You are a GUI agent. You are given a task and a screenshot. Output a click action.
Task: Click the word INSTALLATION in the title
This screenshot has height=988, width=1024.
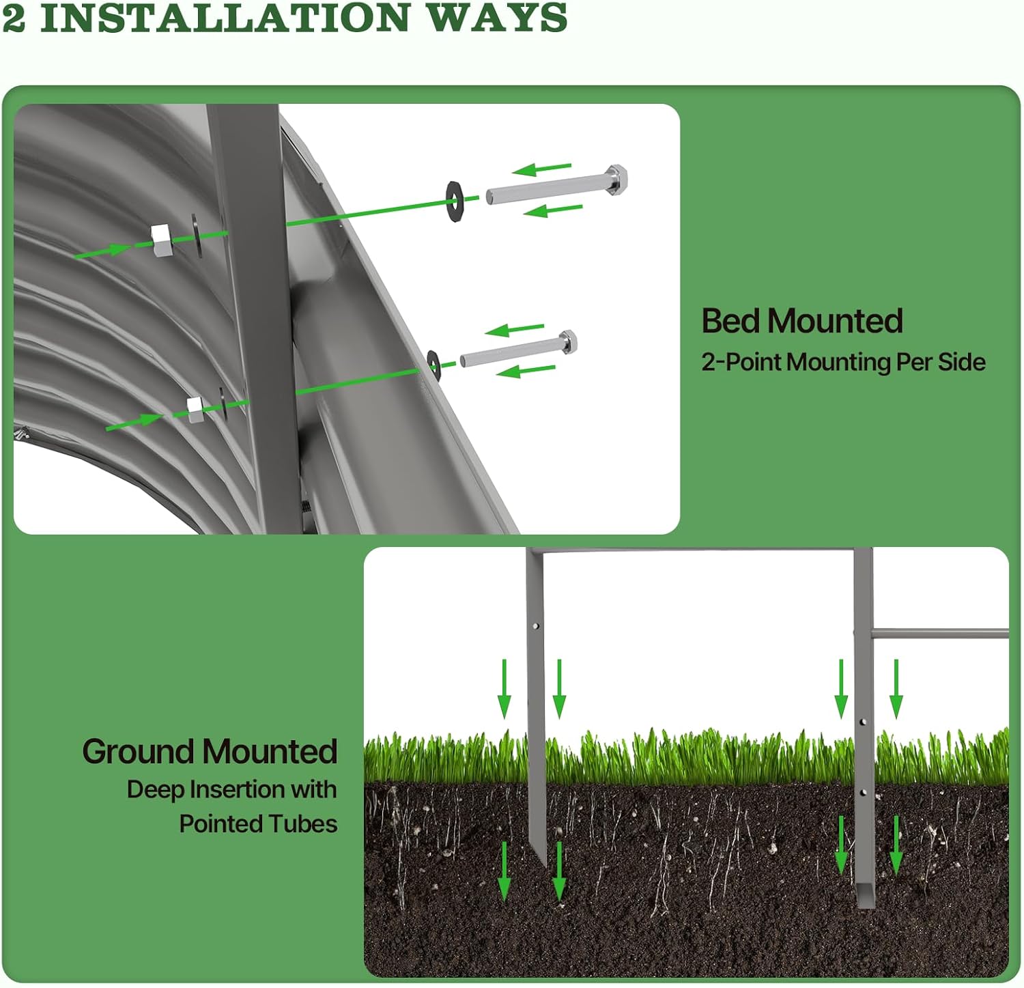225,18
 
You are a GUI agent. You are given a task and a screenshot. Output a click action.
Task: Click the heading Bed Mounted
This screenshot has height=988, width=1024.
802,321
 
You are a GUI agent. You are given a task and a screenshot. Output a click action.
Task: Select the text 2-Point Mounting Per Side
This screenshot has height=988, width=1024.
843,362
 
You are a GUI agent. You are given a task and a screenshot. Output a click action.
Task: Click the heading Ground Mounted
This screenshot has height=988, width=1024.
210,752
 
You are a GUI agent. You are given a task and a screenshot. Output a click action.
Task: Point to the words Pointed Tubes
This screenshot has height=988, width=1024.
258,824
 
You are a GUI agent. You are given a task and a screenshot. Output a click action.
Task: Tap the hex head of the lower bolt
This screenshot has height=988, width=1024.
567,341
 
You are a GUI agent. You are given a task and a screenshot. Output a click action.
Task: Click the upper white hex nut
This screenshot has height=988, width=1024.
161,240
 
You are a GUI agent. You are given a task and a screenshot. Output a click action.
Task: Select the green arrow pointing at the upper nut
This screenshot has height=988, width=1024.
102,251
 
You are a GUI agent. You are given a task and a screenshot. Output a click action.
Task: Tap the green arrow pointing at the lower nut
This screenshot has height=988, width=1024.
134,422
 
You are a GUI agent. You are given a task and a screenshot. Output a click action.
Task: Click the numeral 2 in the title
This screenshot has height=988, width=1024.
14,18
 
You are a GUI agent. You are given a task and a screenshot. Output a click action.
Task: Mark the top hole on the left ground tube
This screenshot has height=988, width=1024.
536,625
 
